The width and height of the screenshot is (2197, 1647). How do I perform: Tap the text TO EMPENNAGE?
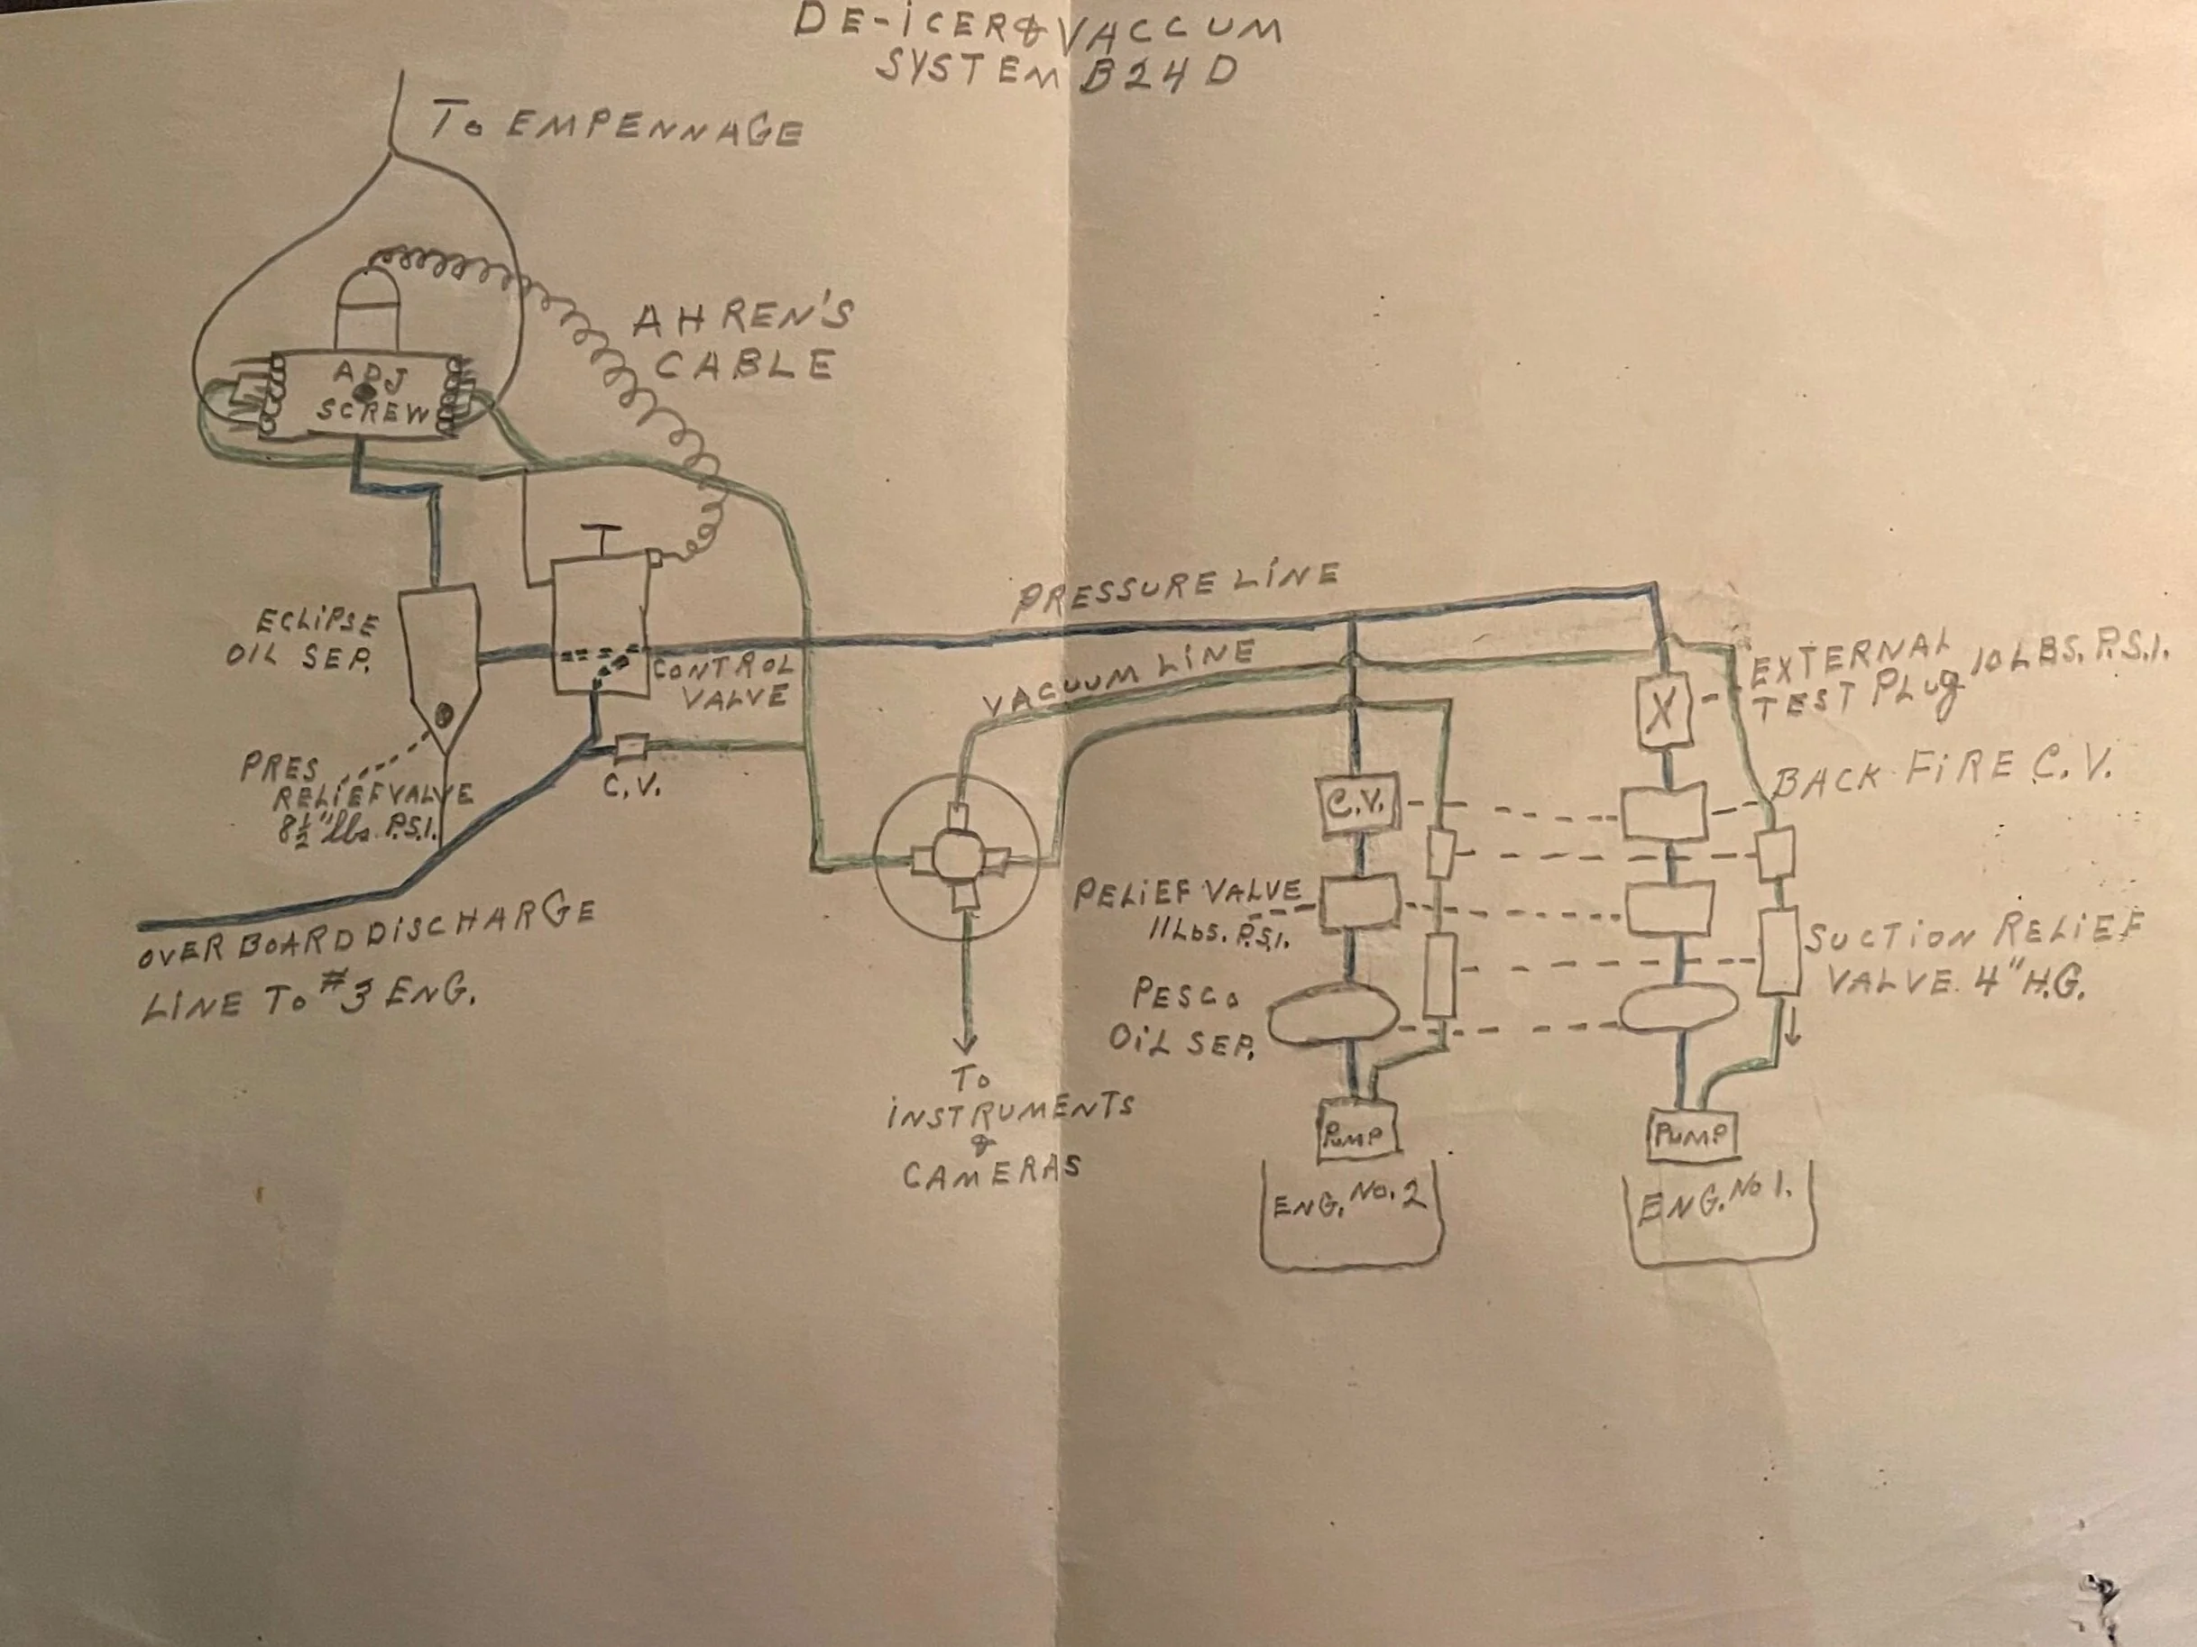click(615, 127)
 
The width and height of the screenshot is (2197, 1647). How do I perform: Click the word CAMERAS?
click(990, 1173)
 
